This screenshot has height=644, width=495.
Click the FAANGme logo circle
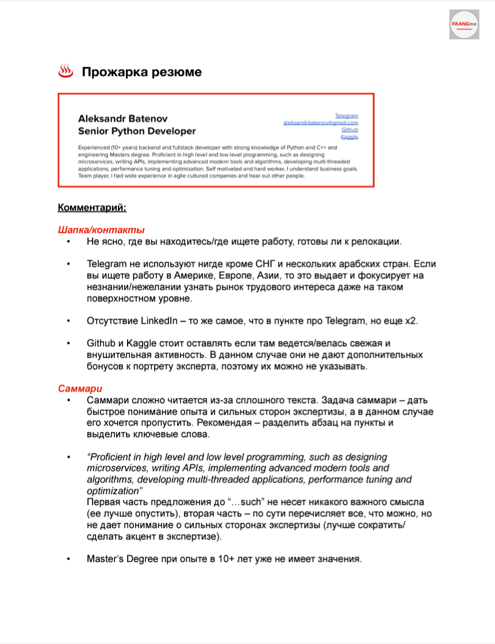pyautogui.click(x=465, y=24)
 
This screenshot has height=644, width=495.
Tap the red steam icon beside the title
pyautogui.click(x=66, y=72)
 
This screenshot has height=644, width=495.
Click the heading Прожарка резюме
pyautogui.click(x=141, y=72)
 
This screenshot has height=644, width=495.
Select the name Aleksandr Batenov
pyautogui.click(x=122, y=118)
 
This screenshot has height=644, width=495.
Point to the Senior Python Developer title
pyautogui.click(x=137, y=131)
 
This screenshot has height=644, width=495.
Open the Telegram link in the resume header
pyautogui.click(x=347, y=116)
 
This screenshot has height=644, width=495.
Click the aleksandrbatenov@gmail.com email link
pyautogui.click(x=321, y=123)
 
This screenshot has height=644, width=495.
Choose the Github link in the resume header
pyautogui.click(x=350, y=130)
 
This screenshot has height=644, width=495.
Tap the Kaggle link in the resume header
pyautogui.click(x=349, y=137)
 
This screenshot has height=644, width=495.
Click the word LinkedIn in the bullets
pyautogui.click(x=160, y=320)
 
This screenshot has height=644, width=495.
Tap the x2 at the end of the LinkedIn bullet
pyautogui.click(x=411, y=320)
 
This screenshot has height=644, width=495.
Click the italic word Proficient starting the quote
pyautogui.click(x=112, y=457)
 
